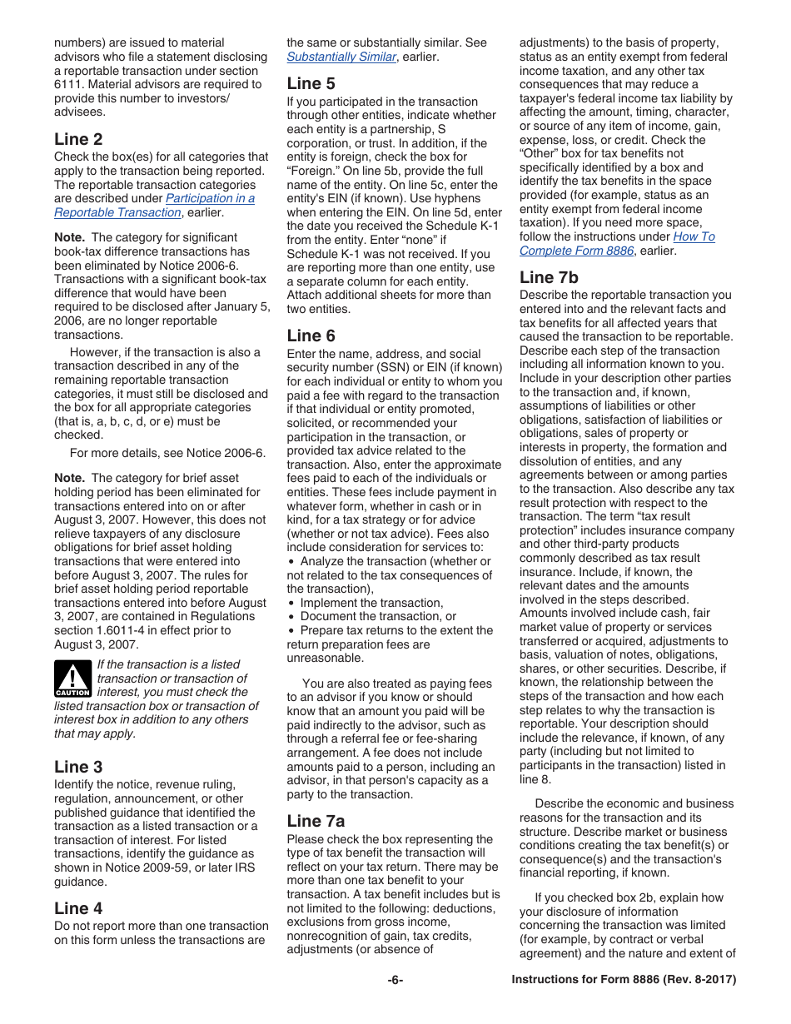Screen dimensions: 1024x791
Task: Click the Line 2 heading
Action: pos(78,139)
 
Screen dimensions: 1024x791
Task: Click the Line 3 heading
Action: pos(78,767)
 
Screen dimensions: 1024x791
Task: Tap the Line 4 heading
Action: pos(78,908)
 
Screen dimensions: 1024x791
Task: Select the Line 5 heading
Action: pos(311,83)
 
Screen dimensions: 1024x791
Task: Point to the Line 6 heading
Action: pos(311,336)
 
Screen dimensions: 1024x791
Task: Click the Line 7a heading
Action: pos(316,821)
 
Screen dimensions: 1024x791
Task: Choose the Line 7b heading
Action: pos(549,277)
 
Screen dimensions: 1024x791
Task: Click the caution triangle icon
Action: pos(72,679)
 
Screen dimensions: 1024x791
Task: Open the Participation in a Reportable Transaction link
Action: pos(210,198)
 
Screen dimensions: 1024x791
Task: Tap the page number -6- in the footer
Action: pos(395,980)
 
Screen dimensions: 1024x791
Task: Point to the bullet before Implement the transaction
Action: pos(291,604)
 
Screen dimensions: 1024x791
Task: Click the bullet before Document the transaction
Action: pos(291,617)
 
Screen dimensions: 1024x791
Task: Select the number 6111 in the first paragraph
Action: pos(67,84)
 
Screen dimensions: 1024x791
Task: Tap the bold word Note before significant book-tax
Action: pos(69,237)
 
